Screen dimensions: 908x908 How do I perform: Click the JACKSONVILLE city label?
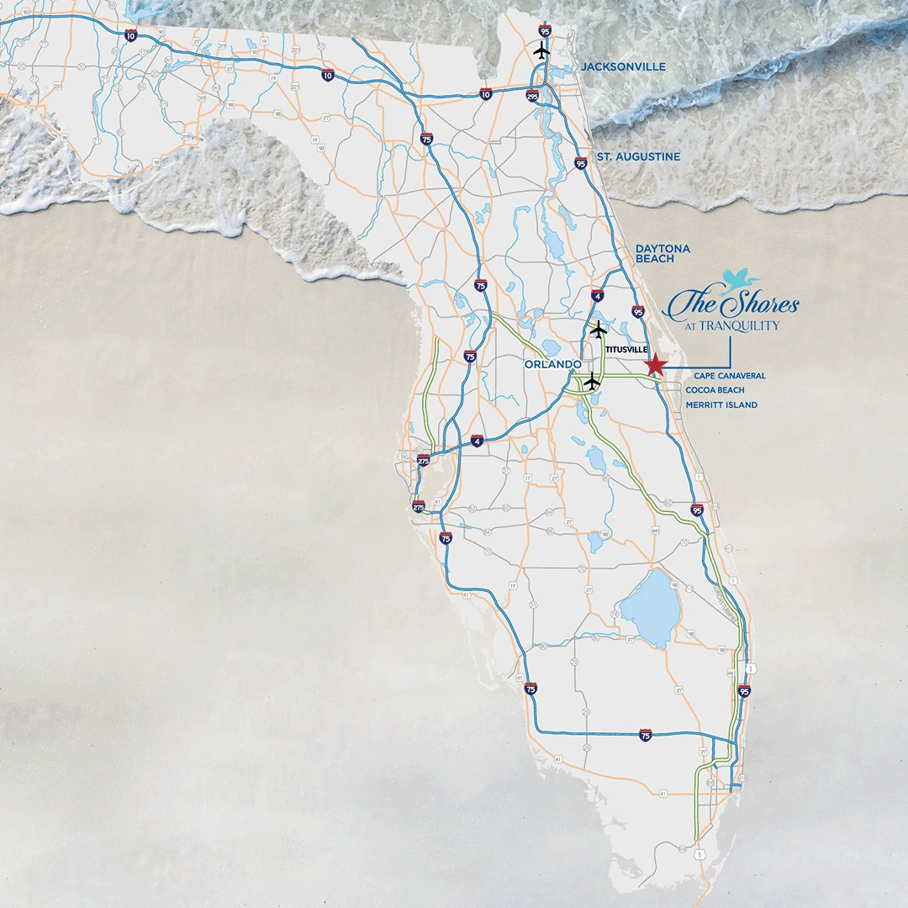623,66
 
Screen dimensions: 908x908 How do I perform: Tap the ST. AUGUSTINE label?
638,157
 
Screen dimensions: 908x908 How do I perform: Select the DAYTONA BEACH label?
663,254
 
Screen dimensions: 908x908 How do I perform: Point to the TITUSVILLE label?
626,349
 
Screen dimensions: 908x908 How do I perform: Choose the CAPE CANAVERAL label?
730,376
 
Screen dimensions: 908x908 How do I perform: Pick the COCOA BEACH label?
715,390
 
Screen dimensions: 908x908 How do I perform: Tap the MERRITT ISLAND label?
721,405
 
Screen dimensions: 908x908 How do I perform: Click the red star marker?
655,365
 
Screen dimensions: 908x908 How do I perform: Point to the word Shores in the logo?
763,304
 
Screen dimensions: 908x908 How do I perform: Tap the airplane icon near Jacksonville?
542,50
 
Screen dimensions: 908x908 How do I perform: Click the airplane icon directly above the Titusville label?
598,328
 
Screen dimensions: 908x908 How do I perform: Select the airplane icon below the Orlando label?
592,383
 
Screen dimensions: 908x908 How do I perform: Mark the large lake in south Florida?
650,605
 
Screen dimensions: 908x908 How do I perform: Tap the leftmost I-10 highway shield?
130,35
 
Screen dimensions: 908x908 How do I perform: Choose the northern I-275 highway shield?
423,460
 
